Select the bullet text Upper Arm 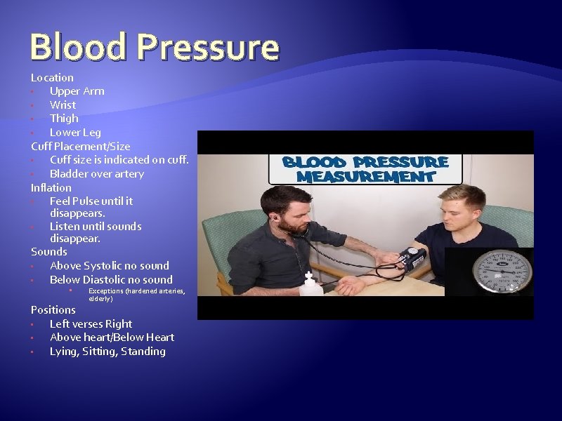point(77,91)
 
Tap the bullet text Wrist point(63,105)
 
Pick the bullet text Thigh point(64,119)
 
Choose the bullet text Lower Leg point(75,133)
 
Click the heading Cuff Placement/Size point(80,147)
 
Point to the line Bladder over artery point(96,174)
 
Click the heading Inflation point(51,188)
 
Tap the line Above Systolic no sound point(109,266)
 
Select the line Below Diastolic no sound point(111,280)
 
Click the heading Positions point(53,310)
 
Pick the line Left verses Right point(91,324)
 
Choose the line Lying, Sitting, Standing point(107,352)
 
